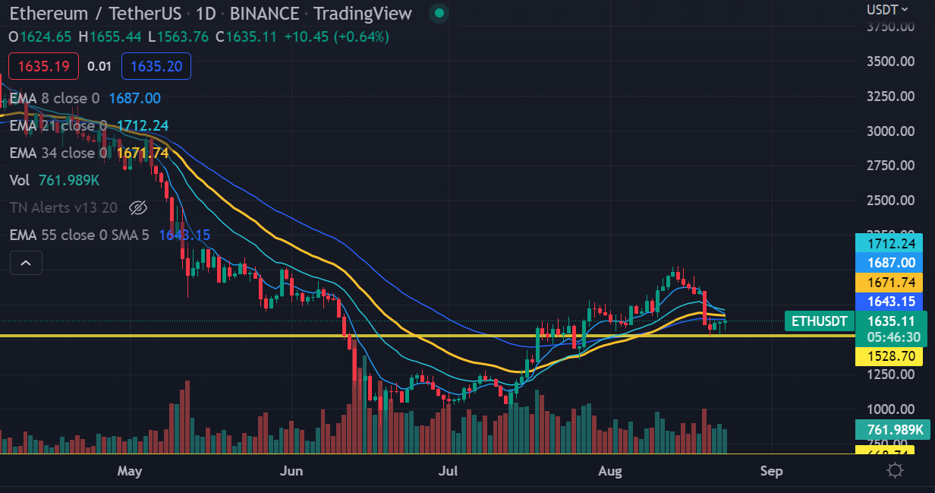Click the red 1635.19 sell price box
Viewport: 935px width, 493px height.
43,66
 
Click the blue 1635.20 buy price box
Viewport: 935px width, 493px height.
156,66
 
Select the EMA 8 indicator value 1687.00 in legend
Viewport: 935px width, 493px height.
134,98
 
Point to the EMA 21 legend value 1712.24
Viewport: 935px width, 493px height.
142,125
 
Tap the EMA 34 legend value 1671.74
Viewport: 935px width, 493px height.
142,153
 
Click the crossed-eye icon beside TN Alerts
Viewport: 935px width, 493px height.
137,207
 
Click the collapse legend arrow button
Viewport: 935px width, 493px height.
26,263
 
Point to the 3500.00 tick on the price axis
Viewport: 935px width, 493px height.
891,62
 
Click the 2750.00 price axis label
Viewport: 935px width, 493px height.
891,166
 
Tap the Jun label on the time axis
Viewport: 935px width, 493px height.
291,472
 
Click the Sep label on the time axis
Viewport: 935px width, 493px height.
771,472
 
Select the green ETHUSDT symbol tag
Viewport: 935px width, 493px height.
818,321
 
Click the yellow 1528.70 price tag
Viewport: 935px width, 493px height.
890,356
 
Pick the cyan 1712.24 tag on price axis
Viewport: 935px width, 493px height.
890,243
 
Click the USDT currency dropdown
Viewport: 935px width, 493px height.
887,9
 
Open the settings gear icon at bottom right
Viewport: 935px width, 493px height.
895,470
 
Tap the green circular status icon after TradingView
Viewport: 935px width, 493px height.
438,13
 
